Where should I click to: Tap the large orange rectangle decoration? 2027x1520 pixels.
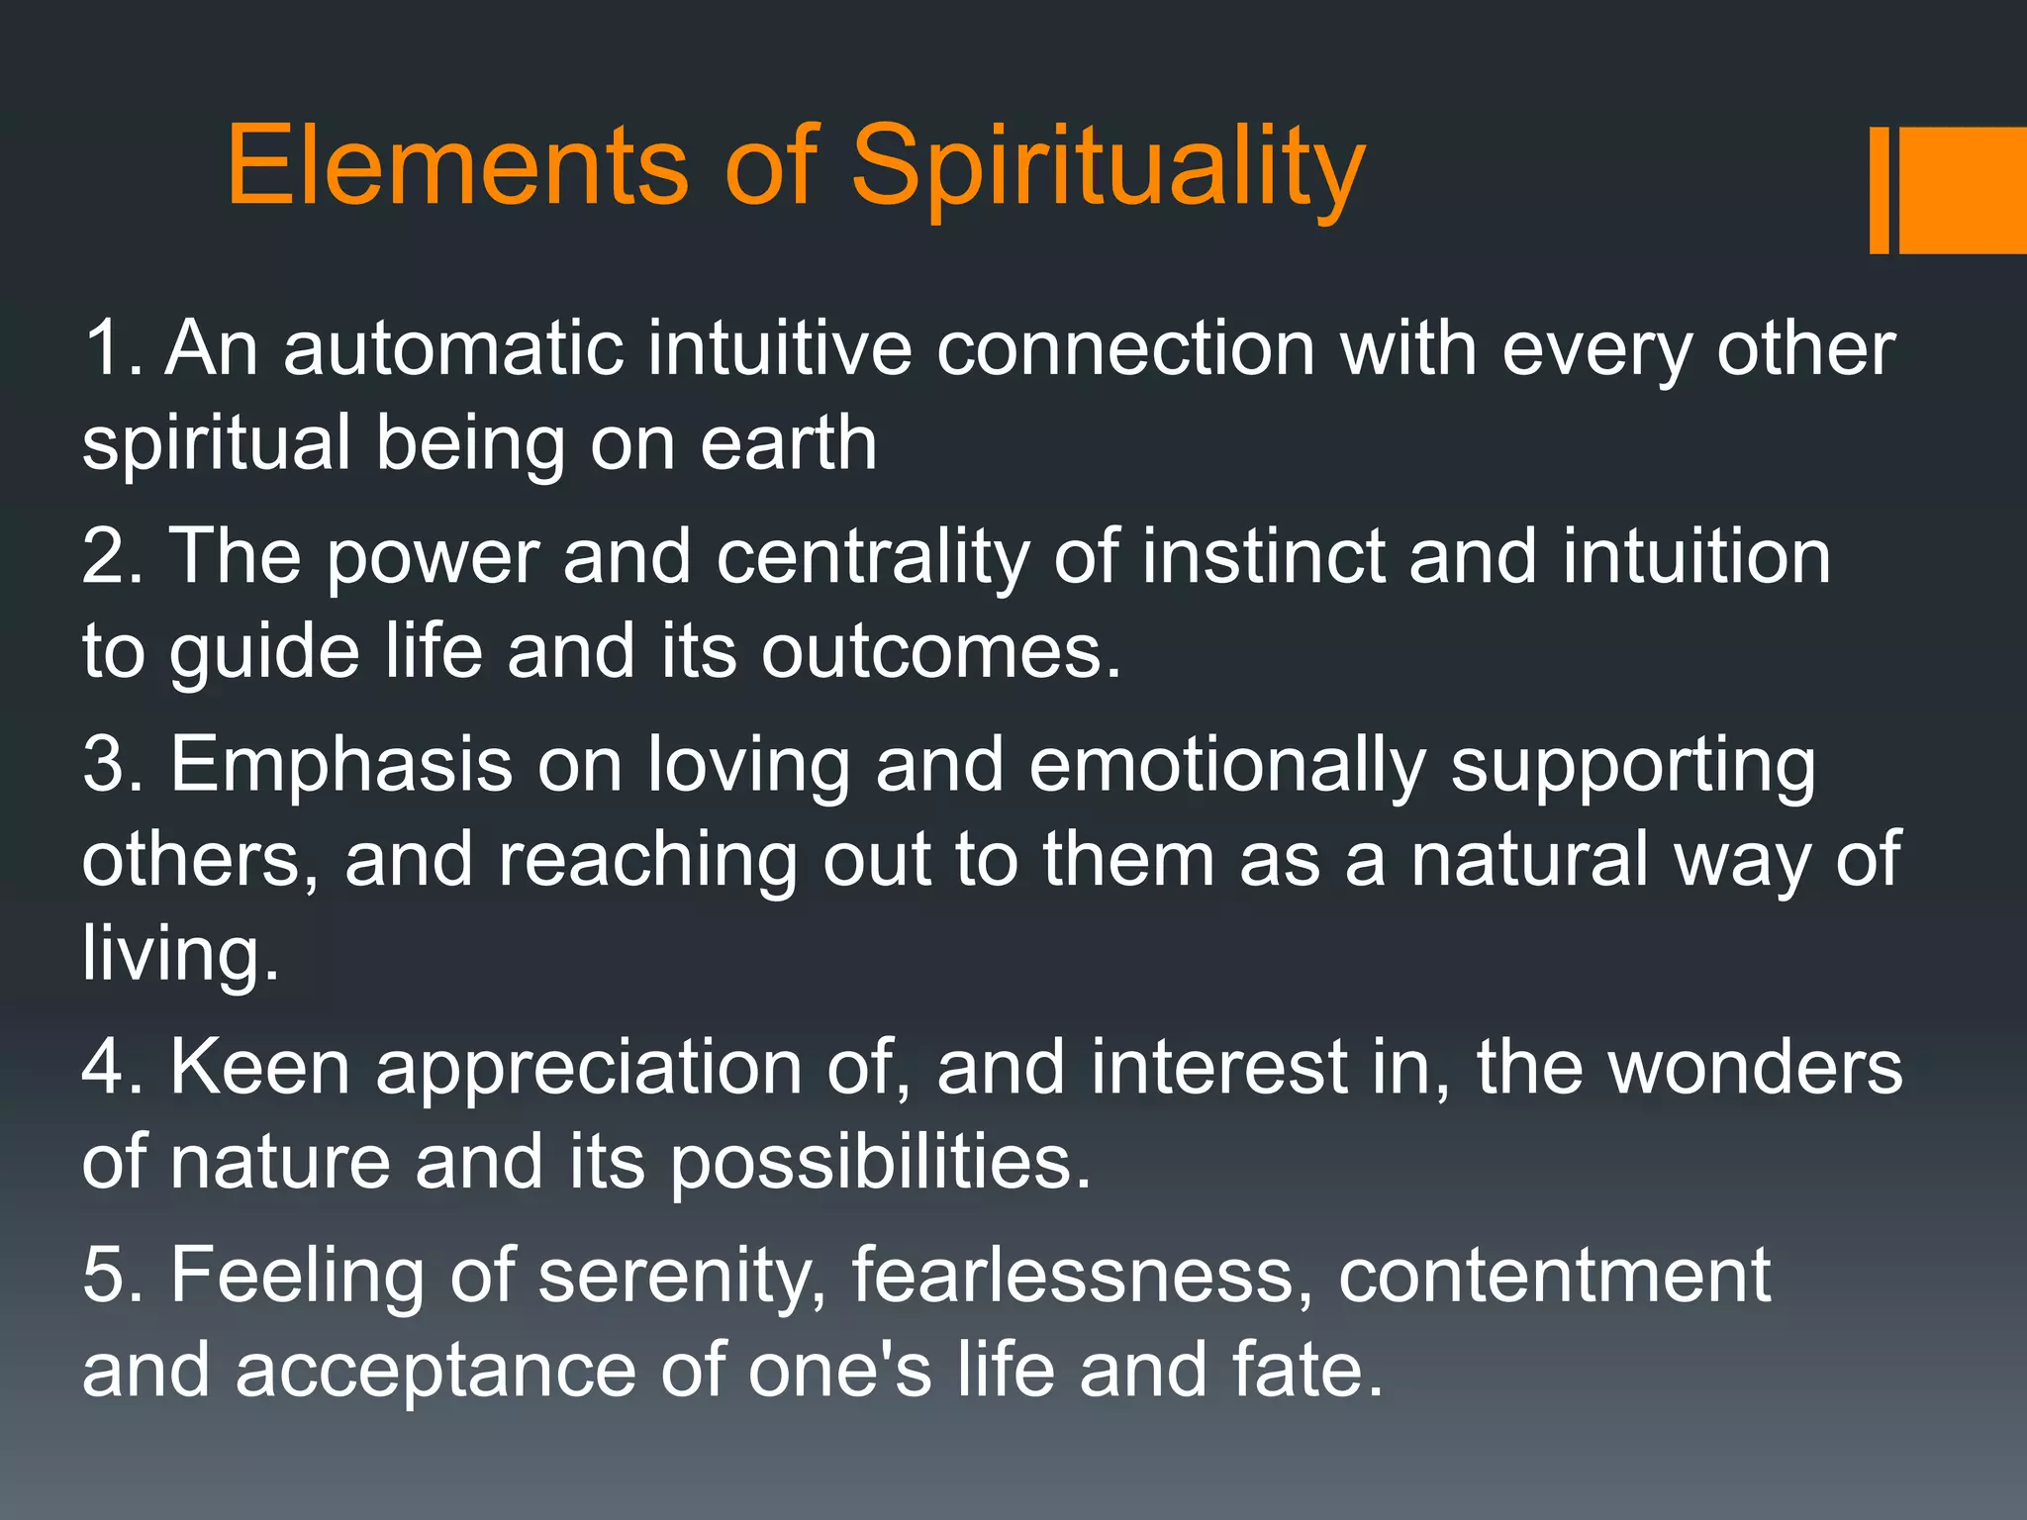1963,190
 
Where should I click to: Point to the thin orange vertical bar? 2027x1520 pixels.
1879,190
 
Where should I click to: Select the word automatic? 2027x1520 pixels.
452,348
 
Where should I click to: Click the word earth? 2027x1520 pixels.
789,442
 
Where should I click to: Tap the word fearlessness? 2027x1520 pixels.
1073,1275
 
